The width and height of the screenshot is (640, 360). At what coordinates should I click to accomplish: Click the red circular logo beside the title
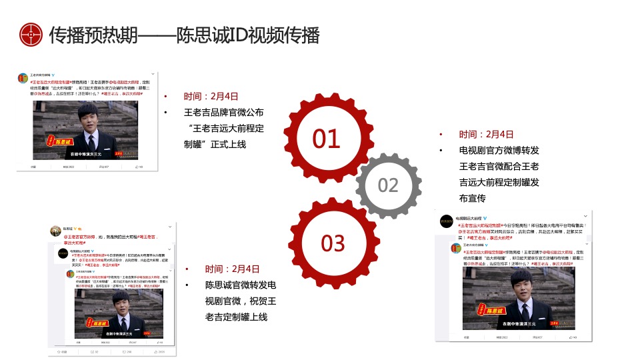click(x=31, y=34)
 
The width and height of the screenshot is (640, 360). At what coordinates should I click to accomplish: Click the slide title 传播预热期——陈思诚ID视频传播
click(x=185, y=35)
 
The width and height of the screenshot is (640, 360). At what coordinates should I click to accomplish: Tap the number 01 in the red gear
click(x=327, y=139)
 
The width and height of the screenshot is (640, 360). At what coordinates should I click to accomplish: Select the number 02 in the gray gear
click(x=388, y=185)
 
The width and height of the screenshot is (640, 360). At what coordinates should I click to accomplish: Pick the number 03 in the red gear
click(x=333, y=243)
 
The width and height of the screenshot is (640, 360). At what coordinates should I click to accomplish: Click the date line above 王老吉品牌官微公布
click(x=211, y=97)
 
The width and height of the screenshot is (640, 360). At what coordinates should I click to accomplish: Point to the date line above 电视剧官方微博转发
click(x=486, y=134)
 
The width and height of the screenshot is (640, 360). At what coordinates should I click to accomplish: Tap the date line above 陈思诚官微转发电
click(x=232, y=269)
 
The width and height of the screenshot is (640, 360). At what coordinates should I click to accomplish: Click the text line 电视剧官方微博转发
click(x=499, y=150)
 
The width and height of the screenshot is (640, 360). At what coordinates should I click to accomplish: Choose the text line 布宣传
click(x=473, y=198)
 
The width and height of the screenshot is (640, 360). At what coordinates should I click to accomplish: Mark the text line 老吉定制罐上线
click(x=237, y=317)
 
